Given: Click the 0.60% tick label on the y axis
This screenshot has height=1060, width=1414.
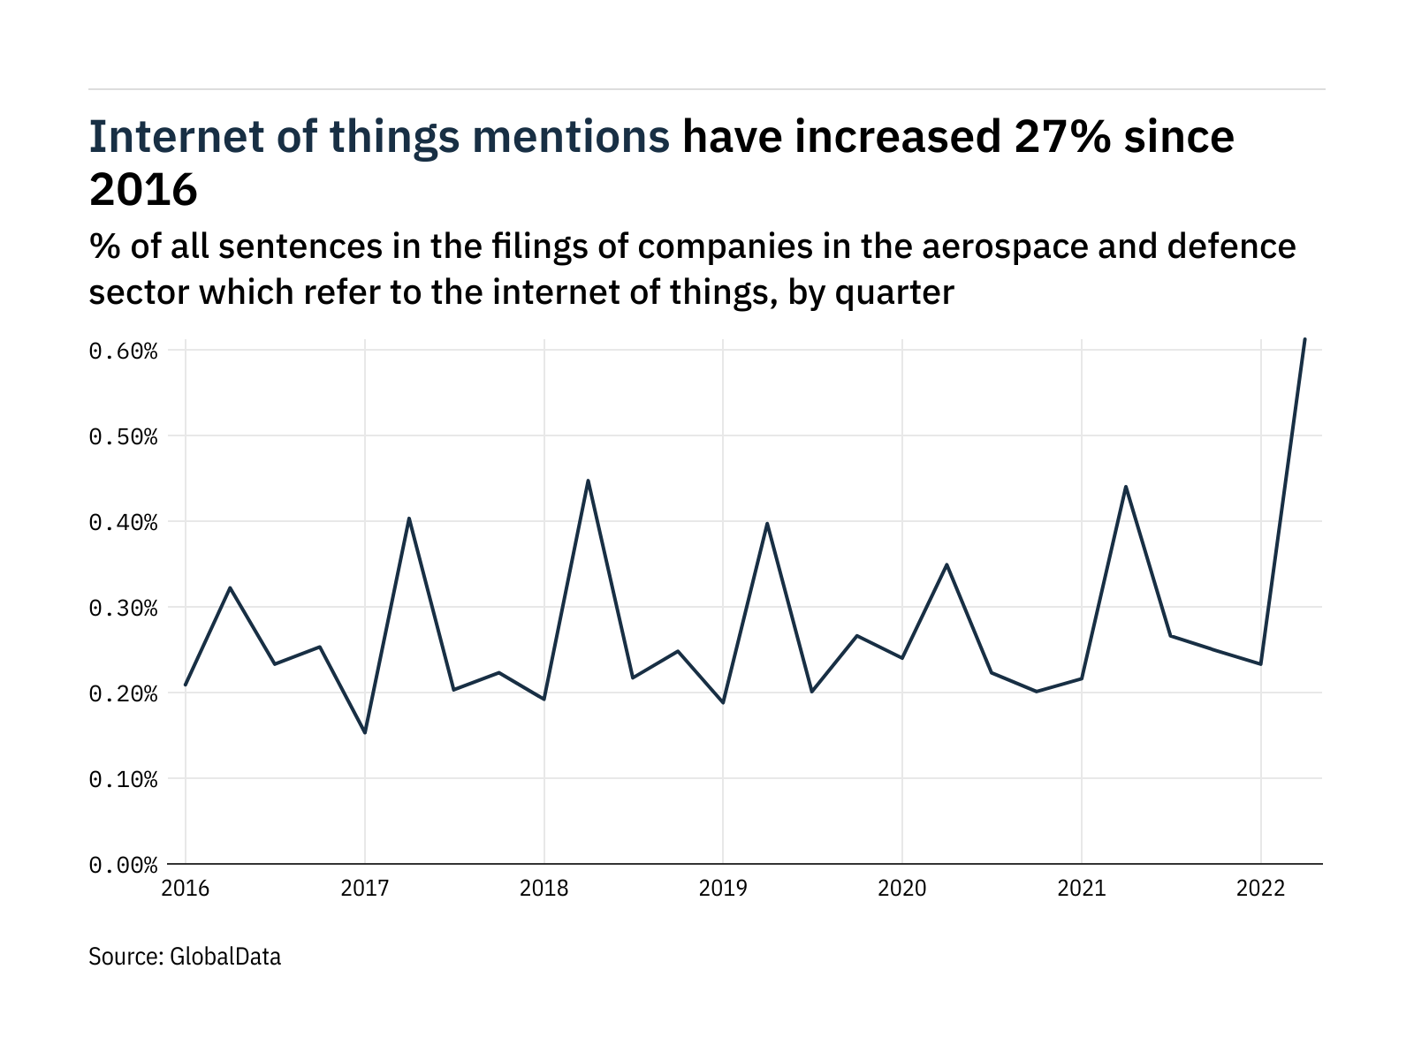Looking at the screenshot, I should [123, 352].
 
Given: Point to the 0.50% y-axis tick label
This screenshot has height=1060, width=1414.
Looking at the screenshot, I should [123, 437].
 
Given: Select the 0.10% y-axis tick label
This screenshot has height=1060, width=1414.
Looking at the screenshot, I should [123, 780].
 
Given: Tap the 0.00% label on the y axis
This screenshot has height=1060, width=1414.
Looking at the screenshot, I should [123, 866].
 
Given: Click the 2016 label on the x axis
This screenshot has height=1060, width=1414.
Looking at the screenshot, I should [186, 889].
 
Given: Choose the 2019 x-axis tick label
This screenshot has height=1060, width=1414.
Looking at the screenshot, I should [723, 889].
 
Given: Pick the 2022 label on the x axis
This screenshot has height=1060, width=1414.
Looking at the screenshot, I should [1260, 889].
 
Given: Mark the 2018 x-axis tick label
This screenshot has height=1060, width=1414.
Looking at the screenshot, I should [544, 889].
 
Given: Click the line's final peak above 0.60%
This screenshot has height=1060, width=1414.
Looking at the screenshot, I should [1304, 339].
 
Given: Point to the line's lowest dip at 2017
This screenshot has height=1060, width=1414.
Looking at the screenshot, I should [365, 732].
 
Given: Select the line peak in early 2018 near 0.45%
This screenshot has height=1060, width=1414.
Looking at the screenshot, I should [588, 481].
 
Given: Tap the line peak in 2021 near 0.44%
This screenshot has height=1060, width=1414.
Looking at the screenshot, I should [1125, 486].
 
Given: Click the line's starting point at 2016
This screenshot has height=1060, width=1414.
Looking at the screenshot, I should [186, 685].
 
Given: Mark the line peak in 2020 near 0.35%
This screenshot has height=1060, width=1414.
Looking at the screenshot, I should [946, 564].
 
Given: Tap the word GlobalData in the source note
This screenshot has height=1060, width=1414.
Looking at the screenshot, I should [225, 957].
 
